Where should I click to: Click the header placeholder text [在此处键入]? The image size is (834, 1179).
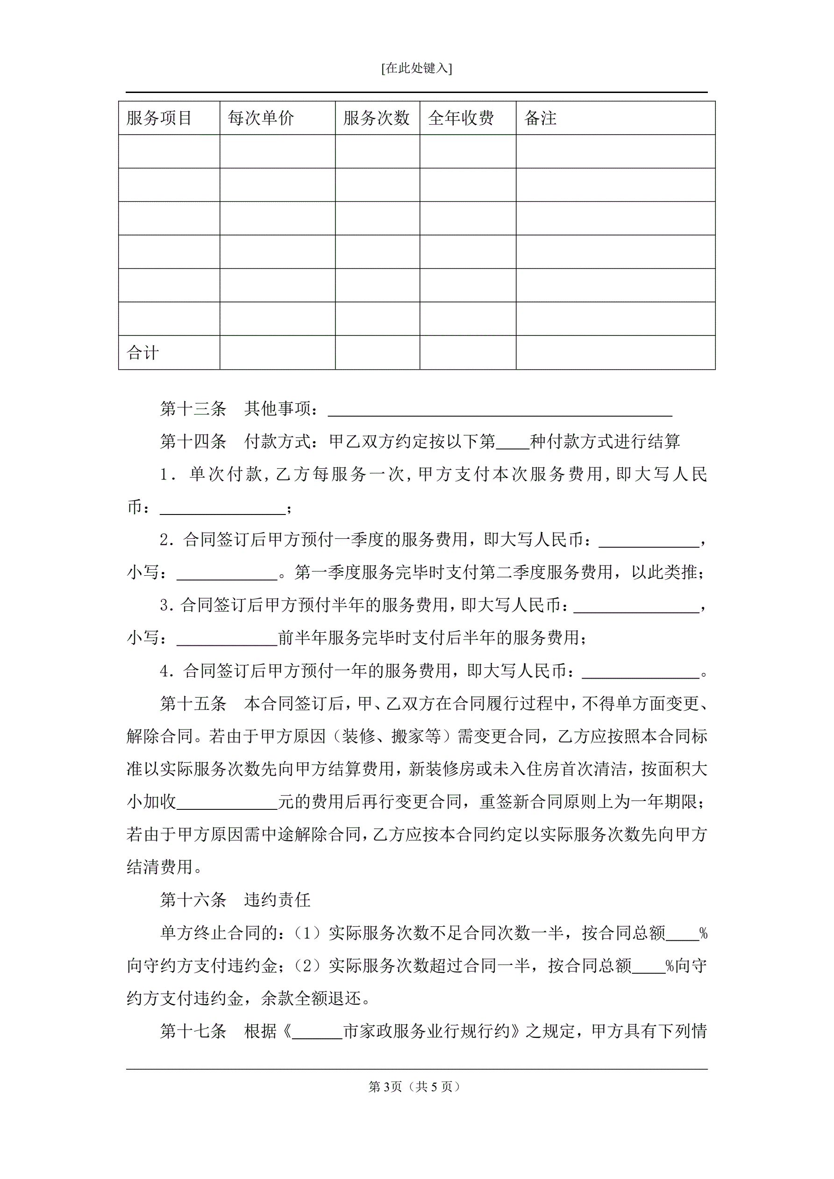click(416, 68)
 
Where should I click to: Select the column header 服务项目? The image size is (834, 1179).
click(159, 118)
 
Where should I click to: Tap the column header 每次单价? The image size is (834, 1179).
click(261, 118)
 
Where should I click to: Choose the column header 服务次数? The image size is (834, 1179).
click(377, 118)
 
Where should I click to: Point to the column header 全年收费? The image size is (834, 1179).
click(461, 118)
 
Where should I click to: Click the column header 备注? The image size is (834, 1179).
click(540, 118)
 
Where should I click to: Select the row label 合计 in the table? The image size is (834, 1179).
click(143, 353)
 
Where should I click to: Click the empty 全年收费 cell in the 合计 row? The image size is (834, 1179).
click(467, 353)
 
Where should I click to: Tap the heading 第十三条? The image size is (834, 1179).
click(193, 409)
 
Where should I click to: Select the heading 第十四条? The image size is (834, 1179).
click(193, 441)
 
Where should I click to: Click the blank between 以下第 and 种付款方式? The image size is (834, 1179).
click(513, 443)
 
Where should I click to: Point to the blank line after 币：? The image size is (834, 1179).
click(222, 509)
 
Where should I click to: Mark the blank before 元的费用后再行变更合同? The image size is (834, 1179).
click(227, 804)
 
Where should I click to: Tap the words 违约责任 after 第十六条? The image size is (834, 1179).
click(278, 900)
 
